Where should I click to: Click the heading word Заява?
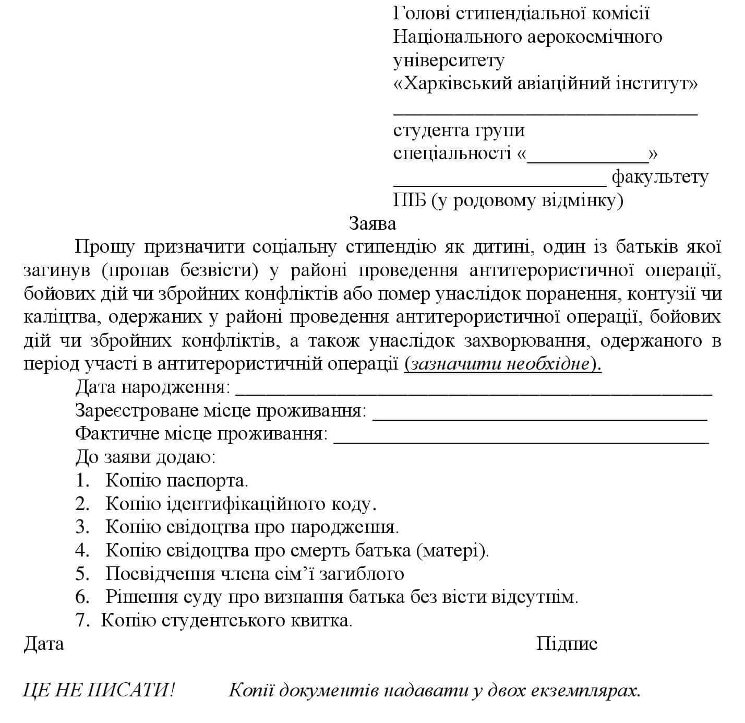pos(372,223)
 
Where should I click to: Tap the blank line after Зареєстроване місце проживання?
pos(540,417)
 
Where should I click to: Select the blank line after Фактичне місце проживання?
pos(520,440)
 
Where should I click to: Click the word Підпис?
pos(567,644)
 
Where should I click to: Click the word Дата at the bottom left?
pos(43,644)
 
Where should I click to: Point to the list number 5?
pos(82,574)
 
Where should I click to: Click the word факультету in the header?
pos(659,177)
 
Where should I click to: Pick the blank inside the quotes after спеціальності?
pos(587,155)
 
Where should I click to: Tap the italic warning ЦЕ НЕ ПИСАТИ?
pos(99,691)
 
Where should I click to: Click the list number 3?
pos(82,527)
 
